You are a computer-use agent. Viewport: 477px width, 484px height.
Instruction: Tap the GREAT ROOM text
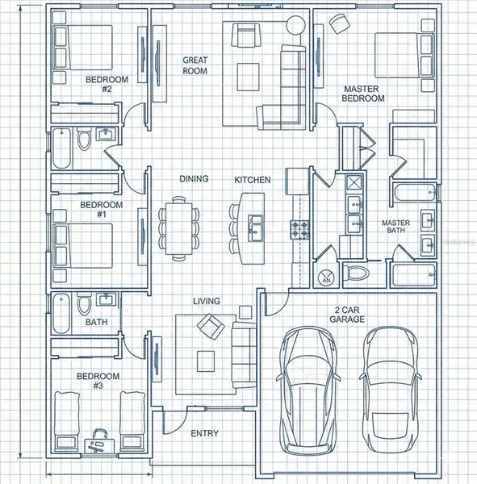click(x=195, y=65)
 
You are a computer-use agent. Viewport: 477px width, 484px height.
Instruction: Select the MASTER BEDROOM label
click(x=363, y=94)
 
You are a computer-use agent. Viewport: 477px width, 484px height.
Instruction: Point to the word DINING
click(x=194, y=179)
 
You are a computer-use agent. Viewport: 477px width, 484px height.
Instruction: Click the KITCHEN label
click(x=252, y=179)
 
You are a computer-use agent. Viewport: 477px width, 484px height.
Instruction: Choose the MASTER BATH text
click(x=397, y=227)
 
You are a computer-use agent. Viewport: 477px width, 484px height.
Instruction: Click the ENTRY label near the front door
click(x=204, y=433)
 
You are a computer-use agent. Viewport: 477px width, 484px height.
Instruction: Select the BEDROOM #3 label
click(x=98, y=381)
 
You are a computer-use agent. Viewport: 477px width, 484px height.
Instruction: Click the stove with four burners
click(x=300, y=230)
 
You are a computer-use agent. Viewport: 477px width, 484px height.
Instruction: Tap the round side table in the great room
click(x=295, y=24)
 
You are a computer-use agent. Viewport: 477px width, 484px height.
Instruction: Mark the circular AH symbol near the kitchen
click(x=327, y=278)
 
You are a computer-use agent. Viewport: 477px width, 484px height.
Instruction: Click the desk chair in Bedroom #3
click(x=101, y=436)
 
